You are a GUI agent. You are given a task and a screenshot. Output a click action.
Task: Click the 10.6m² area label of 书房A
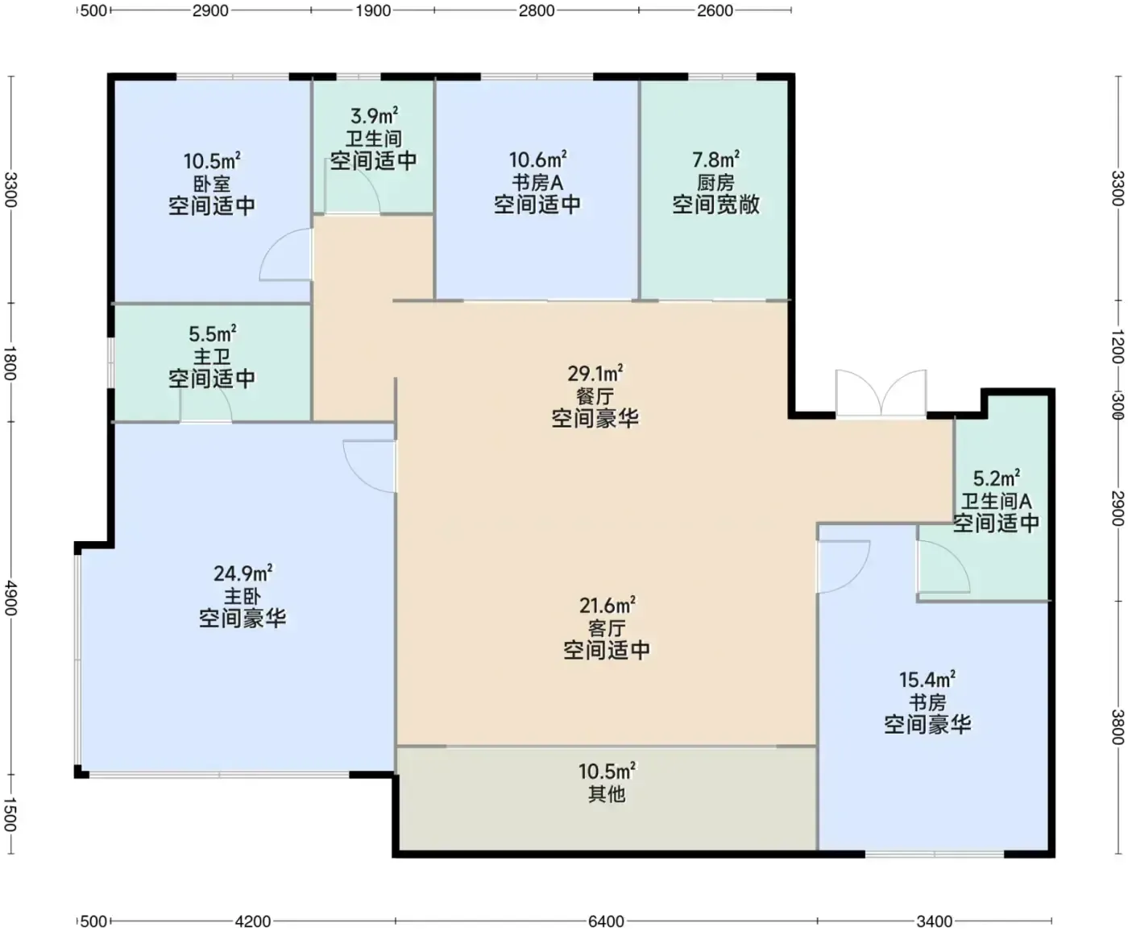pyautogui.click(x=537, y=159)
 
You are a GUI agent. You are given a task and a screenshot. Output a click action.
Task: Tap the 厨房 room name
pyautogui.click(x=715, y=183)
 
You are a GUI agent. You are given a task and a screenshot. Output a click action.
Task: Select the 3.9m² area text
pyautogui.click(x=374, y=115)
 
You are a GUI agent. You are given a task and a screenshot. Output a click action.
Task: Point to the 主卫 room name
pyautogui.click(x=212, y=357)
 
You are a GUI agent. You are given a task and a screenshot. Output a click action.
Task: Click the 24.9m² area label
pyautogui.click(x=243, y=573)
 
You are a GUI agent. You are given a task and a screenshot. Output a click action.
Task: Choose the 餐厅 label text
pyautogui.click(x=595, y=396)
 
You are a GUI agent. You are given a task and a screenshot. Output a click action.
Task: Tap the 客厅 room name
pyautogui.click(x=607, y=628)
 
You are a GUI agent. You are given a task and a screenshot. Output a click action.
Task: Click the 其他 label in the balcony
pyautogui.click(x=607, y=794)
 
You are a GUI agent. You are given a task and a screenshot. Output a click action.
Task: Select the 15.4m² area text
pyautogui.click(x=927, y=680)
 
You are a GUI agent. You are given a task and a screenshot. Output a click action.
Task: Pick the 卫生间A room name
pyautogui.click(x=996, y=501)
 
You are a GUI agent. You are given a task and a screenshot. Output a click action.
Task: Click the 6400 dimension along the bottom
pyautogui.click(x=606, y=921)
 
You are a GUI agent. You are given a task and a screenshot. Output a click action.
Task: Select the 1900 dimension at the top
pyautogui.click(x=373, y=10)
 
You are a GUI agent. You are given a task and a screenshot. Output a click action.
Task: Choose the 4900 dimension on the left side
pyautogui.click(x=10, y=598)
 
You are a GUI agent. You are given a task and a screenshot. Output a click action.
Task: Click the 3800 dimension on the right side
pyautogui.click(x=1118, y=727)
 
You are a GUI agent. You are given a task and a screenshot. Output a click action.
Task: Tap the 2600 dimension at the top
pyautogui.click(x=715, y=10)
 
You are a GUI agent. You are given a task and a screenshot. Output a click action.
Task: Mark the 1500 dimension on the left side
pyautogui.click(x=10, y=815)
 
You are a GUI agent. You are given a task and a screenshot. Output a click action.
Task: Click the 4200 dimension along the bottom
pyautogui.click(x=253, y=921)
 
